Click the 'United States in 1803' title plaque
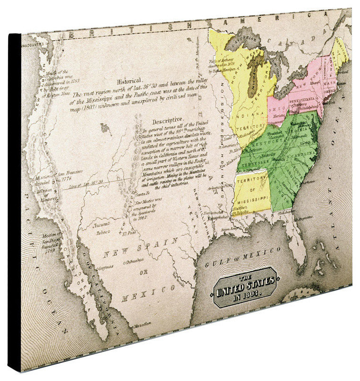[245, 287]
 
